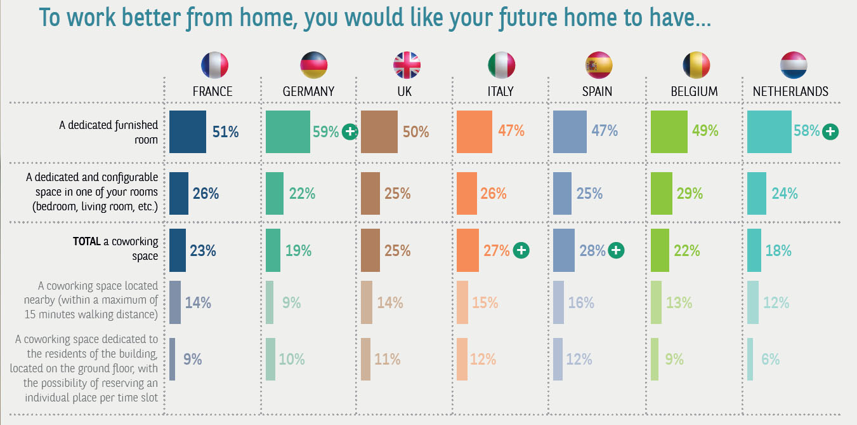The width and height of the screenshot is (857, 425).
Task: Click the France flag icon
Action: pyautogui.click(x=214, y=65)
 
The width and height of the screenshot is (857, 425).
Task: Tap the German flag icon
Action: pyautogui.click(x=313, y=65)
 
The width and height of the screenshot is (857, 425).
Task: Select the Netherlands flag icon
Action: pyautogui.click(x=794, y=65)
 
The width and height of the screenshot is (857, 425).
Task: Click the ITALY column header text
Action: pyautogui.click(x=500, y=91)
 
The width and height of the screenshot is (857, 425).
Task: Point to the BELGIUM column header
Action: pyautogui.click(x=694, y=91)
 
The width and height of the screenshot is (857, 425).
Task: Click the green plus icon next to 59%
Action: pyautogui.click(x=350, y=132)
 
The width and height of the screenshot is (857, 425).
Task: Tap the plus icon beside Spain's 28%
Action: pyautogui.click(x=615, y=250)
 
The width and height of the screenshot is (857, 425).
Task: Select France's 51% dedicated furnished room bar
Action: pyautogui.click(x=188, y=132)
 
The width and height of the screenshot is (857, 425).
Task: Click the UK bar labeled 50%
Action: pyautogui.click(x=379, y=132)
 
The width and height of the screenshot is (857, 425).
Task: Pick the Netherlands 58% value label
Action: pyautogui.click(x=806, y=132)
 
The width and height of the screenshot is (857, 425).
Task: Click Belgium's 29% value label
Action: pyautogui.click(x=690, y=193)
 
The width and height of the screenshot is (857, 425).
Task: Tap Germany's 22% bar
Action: pyautogui.click(x=275, y=193)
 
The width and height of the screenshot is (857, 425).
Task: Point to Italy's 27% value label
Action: pyautogui.click(x=497, y=250)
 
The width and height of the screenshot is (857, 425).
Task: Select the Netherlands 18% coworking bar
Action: pyautogui.click(x=754, y=250)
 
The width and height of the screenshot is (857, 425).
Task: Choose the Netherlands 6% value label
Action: pyautogui.click(x=770, y=359)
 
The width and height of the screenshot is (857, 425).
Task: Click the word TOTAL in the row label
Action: pyautogui.click(x=87, y=242)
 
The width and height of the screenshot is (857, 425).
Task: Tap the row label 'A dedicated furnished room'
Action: pyautogui.click(x=108, y=132)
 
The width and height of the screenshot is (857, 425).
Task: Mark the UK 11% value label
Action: pyautogui.click(x=387, y=359)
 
